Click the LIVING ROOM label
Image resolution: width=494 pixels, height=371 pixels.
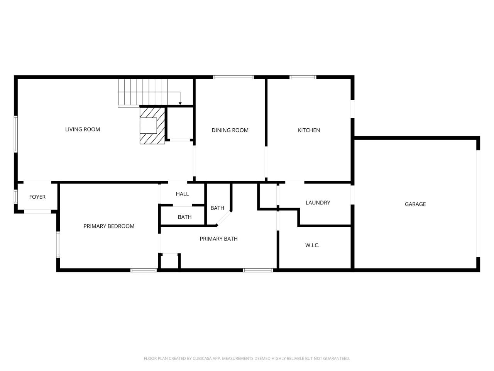83,129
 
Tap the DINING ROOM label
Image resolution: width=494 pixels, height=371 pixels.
230,130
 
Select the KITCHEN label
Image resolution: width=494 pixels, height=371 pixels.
309,130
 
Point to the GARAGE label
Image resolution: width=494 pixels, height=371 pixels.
415,204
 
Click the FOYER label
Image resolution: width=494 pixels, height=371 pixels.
37,197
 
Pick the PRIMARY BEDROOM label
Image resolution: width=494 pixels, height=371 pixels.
109,226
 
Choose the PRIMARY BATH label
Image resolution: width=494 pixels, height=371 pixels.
219,239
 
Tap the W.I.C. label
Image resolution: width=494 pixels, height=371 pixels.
312,245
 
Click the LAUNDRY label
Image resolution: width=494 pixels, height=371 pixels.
318,203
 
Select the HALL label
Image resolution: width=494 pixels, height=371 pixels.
182,194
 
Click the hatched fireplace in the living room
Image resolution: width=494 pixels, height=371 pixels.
152,126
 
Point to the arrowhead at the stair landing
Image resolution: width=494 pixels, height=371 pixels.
180,104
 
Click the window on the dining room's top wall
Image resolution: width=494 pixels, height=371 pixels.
233,77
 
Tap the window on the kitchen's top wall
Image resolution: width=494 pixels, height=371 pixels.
303,77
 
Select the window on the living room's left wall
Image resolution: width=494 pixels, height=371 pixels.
16,134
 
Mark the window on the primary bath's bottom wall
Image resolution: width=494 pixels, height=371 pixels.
258,270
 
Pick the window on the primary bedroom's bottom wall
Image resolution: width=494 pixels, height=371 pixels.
144,270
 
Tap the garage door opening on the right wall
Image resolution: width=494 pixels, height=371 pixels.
478,204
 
